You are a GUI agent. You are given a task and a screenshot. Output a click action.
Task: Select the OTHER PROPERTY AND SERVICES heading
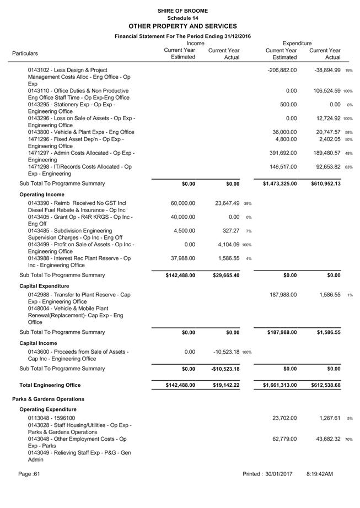click(182, 26)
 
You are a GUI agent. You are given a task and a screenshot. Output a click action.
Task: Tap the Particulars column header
click(25, 53)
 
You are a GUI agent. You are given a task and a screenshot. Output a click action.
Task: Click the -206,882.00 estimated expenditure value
click(282, 71)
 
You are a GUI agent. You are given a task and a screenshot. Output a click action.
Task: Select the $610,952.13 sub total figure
click(322, 183)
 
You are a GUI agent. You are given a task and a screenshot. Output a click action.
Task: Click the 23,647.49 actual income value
click(227, 203)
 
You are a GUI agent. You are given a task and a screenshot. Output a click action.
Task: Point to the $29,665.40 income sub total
click(226, 275)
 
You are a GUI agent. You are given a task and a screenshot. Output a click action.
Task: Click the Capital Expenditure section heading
click(44, 286)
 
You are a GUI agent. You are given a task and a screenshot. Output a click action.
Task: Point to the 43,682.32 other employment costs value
click(323, 439)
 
